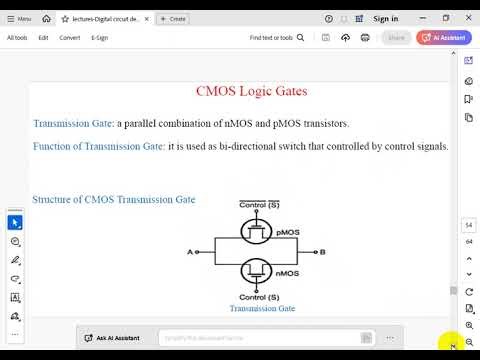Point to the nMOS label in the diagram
pyautogui.click(x=287, y=272)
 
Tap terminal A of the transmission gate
pyautogui.click(x=190, y=252)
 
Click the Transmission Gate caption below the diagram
pyautogui.click(x=262, y=309)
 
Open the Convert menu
pyautogui.click(x=70, y=38)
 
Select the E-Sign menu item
pyautogui.click(x=99, y=38)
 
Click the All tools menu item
pyautogui.click(x=18, y=38)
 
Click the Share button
pyautogui.click(x=397, y=38)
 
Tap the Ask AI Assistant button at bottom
pyautogui.click(x=112, y=339)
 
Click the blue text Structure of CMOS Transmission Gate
pyautogui.click(x=114, y=199)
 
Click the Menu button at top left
pyautogui.click(x=17, y=18)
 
